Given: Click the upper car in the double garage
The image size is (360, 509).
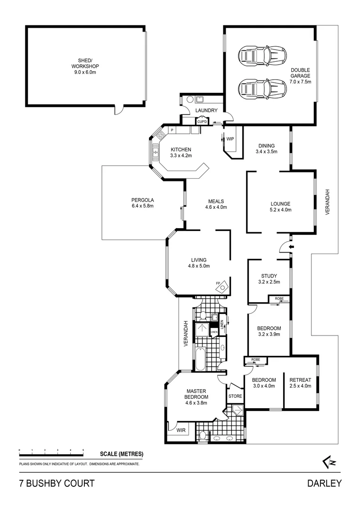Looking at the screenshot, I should [262, 57].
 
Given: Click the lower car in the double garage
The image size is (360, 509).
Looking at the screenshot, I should [262, 88].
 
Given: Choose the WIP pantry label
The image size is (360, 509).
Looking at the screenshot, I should [230, 139].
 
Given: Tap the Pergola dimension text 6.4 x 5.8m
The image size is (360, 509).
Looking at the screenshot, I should [143, 205].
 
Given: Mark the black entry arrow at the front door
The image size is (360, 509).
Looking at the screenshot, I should [291, 246].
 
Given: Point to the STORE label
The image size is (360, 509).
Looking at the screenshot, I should [235, 396].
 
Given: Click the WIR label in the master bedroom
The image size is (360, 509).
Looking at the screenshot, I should [180, 430].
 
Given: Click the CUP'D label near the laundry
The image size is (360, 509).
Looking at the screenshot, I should [202, 122].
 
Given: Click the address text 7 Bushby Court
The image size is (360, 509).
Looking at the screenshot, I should [57, 484].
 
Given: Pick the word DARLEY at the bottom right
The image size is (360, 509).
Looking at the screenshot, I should [324, 484].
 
